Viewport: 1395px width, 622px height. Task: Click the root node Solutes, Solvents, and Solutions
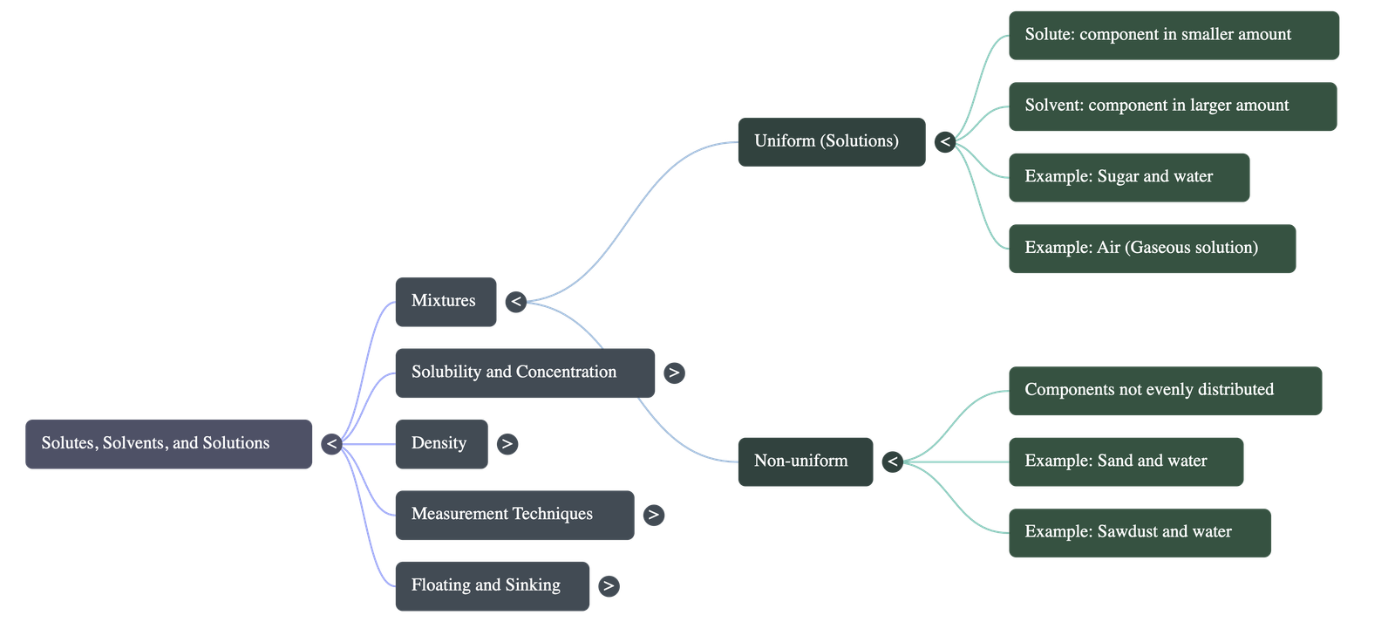[168, 443]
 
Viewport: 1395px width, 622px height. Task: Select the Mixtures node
[445, 301]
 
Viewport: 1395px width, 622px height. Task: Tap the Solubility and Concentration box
[524, 373]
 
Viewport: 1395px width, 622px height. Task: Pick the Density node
[440, 443]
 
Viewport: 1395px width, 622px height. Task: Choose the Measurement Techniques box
[514, 514]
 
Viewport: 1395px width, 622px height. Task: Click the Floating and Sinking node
[492, 585]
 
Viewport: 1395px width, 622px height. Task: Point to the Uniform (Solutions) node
[831, 141]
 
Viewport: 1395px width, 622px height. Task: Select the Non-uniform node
[805, 461]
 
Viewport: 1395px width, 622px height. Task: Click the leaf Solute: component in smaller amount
[1173, 35]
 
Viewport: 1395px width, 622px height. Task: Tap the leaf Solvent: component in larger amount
[1172, 106]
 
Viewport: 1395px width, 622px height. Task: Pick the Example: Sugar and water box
[1128, 177]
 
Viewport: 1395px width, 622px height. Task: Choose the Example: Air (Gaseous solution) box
[1151, 248]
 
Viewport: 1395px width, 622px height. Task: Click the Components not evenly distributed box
[1164, 390]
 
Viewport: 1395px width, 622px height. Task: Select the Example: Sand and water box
[1125, 461]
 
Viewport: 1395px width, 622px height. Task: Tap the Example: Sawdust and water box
[1139, 532]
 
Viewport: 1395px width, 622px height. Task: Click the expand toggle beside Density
[507, 444]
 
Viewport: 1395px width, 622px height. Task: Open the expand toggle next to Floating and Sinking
[609, 586]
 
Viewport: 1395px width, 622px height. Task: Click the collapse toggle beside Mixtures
[516, 302]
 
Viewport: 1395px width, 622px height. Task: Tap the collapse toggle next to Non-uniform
[892, 461]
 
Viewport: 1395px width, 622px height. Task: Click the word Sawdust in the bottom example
[1127, 532]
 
